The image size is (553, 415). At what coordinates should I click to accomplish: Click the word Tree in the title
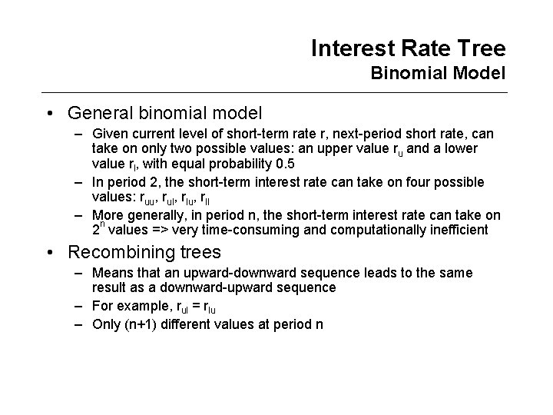click(481, 49)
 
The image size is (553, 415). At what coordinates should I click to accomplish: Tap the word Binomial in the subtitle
click(406, 75)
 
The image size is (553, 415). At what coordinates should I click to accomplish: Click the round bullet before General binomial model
click(50, 114)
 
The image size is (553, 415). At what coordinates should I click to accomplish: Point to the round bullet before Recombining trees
click(50, 252)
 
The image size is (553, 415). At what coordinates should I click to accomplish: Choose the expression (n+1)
click(140, 324)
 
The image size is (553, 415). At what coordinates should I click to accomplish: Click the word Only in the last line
click(104, 324)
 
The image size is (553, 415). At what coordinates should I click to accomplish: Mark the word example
click(137, 306)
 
